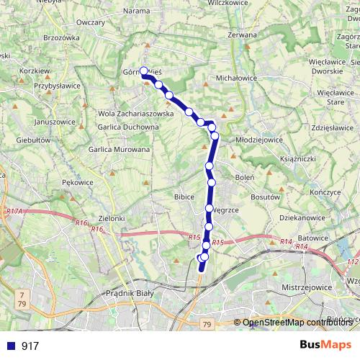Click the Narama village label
point(136,11)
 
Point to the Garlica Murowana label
point(119,149)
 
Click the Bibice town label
point(185,196)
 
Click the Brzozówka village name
point(61,37)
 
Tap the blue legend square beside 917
point(9,346)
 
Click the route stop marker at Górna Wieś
point(144,71)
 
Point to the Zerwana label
point(241,34)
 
